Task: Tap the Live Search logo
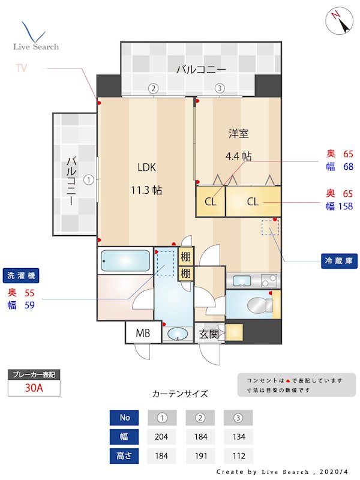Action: pyautogui.click(x=36, y=36)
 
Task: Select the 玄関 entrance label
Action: pyautogui.click(x=208, y=334)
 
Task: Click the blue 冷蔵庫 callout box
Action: pyautogui.click(x=339, y=262)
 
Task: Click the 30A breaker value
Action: pyautogui.click(x=34, y=388)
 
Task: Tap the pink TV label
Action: pyautogui.click(x=22, y=68)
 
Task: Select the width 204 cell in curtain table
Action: pyautogui.click(x=161, y=436)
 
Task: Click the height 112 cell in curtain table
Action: pyautogui.click(x=238, y=455)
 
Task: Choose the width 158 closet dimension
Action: pyautogui.click(x=344, y=206)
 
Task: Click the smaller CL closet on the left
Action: pyautogui.click(x=210, y=202)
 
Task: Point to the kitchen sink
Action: pyautogui.click(x=244, y=280)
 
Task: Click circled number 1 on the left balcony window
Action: pyautogui.click(x=89, y=179)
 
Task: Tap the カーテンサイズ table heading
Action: pyautogui.click(x=180, y=394)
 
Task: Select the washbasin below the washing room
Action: pyautogui.click(x=178, y=334)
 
